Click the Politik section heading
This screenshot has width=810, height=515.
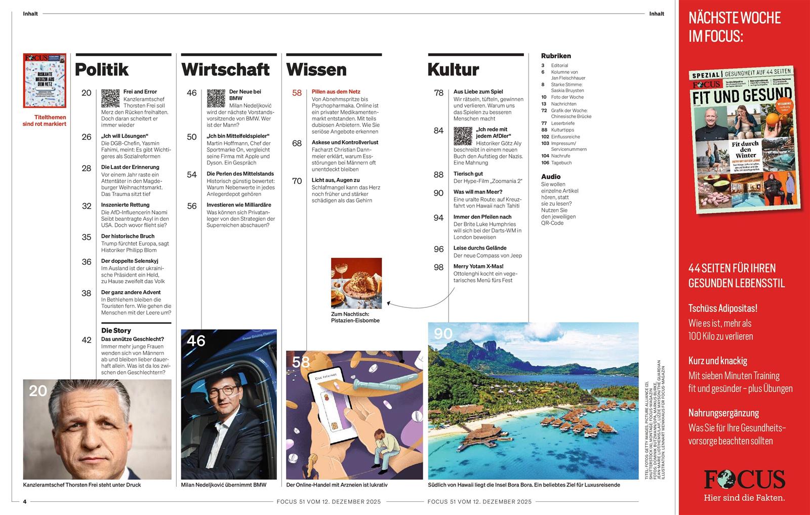point(102,69)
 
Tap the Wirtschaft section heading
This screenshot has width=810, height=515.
point(225,69)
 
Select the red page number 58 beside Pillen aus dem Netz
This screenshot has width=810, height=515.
point(297,93)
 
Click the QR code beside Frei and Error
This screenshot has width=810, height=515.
point(110,98)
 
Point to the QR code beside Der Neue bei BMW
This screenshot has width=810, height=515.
point(216,98)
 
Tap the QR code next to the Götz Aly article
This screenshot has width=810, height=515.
point(463,136)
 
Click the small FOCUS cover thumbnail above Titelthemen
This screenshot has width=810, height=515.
point(45,81)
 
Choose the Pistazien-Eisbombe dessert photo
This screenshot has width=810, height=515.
point(356,283)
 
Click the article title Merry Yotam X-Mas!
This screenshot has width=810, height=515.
point(478,266)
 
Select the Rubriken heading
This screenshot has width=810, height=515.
point(556,56)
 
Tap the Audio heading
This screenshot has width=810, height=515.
point(551,177)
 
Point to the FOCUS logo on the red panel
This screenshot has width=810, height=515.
point(744,479)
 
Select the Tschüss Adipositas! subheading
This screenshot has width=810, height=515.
point(723,308)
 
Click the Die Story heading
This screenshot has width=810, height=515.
point(116,330)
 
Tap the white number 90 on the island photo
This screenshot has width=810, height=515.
point(443,334)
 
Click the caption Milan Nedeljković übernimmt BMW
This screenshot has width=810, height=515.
point(224,485)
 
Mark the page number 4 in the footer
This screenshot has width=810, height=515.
point(25,502)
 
